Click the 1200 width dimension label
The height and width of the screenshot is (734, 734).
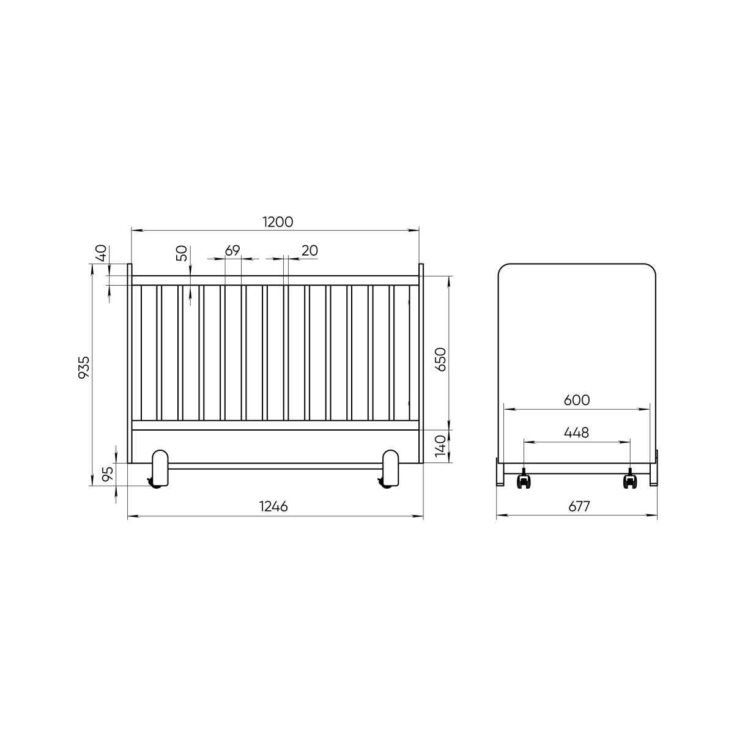click(x=278, y=222)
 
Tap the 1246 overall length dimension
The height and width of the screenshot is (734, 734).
click(x=273, y=506)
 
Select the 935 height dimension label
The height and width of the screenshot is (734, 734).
click(x=84, y=367)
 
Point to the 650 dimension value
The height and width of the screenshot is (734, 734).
click(x=440, y=359)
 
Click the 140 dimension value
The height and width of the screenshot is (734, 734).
click(x=440, y=446)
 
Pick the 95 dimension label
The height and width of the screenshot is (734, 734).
click(x=108, y=474)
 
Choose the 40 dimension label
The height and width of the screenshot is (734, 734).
click(x=101, y=253)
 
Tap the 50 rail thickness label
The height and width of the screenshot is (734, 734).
click(x=182, y=253)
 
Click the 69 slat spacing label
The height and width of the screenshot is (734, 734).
click(x=232, y=251)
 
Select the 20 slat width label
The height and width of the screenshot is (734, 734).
click(x=310, y=251)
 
